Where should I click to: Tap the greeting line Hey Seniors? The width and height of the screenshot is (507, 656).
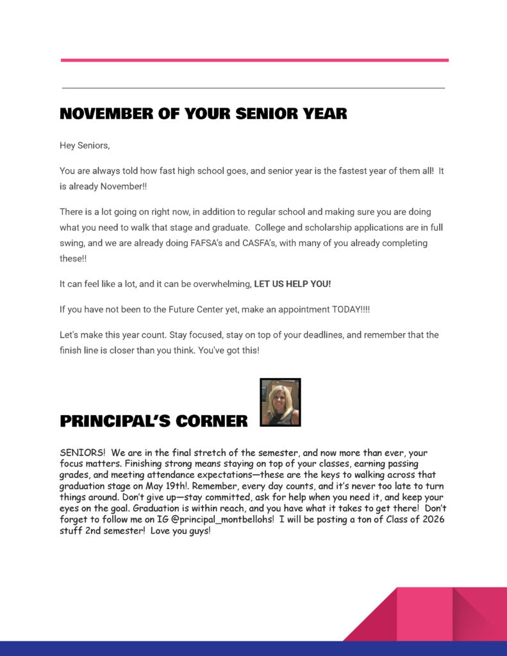pos(85,145)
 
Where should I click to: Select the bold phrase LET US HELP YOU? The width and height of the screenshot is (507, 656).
pos(292,284)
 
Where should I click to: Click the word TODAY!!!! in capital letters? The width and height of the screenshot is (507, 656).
pos(351,309)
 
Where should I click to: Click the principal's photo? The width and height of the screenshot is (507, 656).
pos(280,402)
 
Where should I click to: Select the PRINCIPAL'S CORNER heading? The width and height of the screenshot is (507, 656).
pos(154,421)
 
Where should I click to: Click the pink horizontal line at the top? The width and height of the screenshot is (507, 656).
pos(254,60)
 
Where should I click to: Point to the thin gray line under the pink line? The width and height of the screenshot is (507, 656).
pos(253,88)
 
